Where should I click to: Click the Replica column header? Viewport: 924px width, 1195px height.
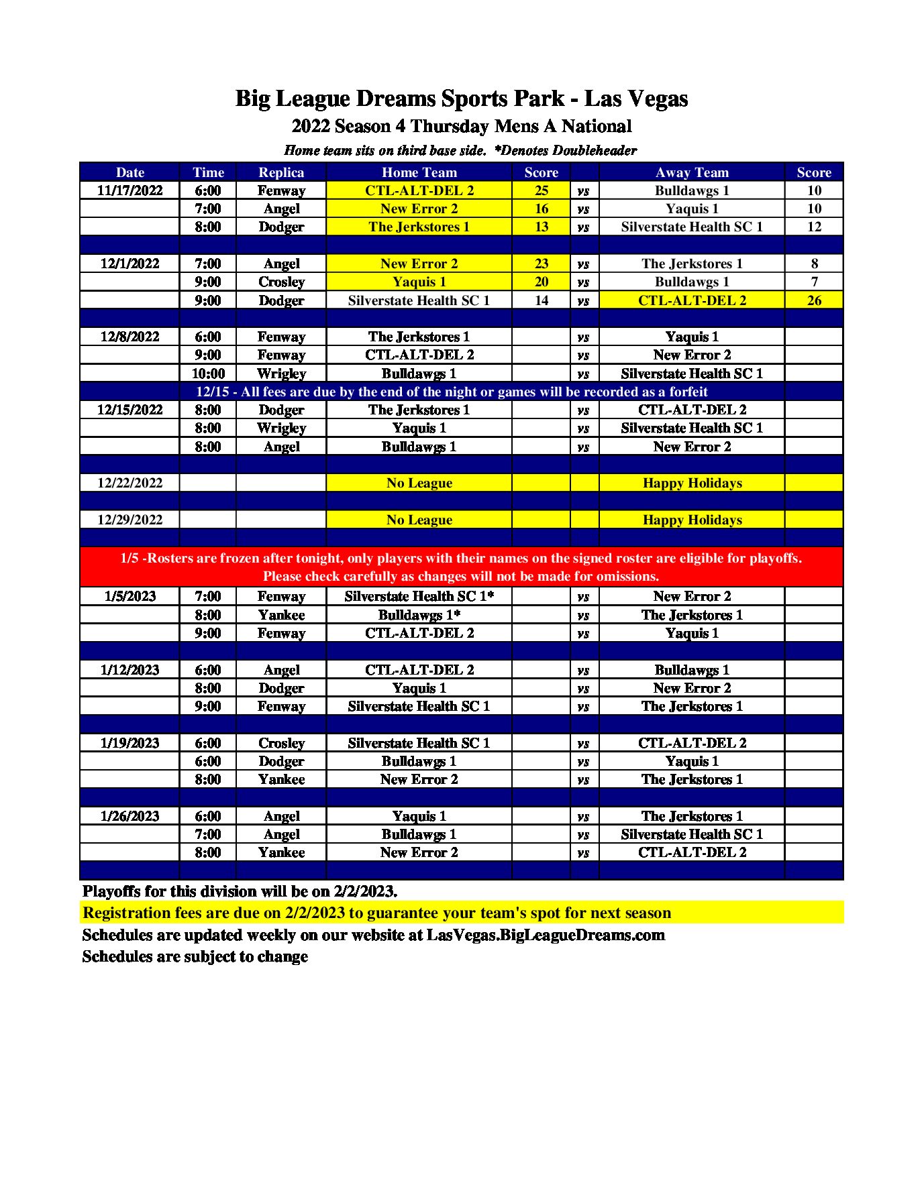[281, 172]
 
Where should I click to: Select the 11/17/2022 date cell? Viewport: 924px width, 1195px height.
[130, 190]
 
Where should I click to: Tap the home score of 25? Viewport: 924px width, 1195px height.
[541, 190]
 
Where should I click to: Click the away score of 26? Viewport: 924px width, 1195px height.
[813, 300]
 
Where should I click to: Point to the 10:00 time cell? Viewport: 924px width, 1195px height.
[208, 374]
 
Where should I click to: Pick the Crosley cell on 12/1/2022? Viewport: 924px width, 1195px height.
[281, 282]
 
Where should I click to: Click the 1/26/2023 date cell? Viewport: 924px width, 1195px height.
[130, 816]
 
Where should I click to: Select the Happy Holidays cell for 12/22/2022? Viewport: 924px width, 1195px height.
[692, 483]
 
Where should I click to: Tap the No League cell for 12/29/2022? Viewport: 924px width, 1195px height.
[419, 520]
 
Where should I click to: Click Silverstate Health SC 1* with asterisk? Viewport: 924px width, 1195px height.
[419, 596]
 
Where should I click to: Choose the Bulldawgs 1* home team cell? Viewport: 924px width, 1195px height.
[419, 615]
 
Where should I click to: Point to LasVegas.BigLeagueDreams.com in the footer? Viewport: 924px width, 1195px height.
[546, 935]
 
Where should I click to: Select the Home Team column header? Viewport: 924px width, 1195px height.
[419, 172]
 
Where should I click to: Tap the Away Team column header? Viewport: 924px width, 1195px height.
[692, 172]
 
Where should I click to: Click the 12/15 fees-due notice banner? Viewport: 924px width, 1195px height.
[452, 392]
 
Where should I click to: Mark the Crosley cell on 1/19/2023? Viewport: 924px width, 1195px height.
[281, 743]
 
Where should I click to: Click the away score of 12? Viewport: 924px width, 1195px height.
[813, 227]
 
